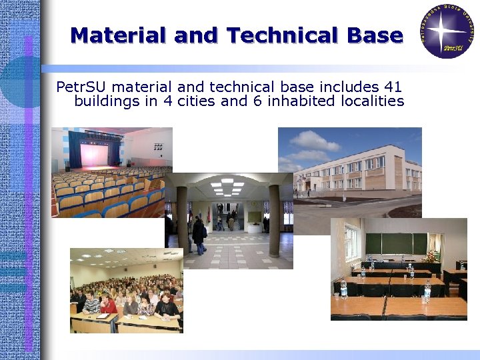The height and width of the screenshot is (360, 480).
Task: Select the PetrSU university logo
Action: [446, 31]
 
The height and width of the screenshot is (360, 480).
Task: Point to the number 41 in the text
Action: [393, 87]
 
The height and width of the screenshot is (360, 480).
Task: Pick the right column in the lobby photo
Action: [274, 220]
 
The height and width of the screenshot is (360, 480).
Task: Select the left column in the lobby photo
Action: [182, 220]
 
